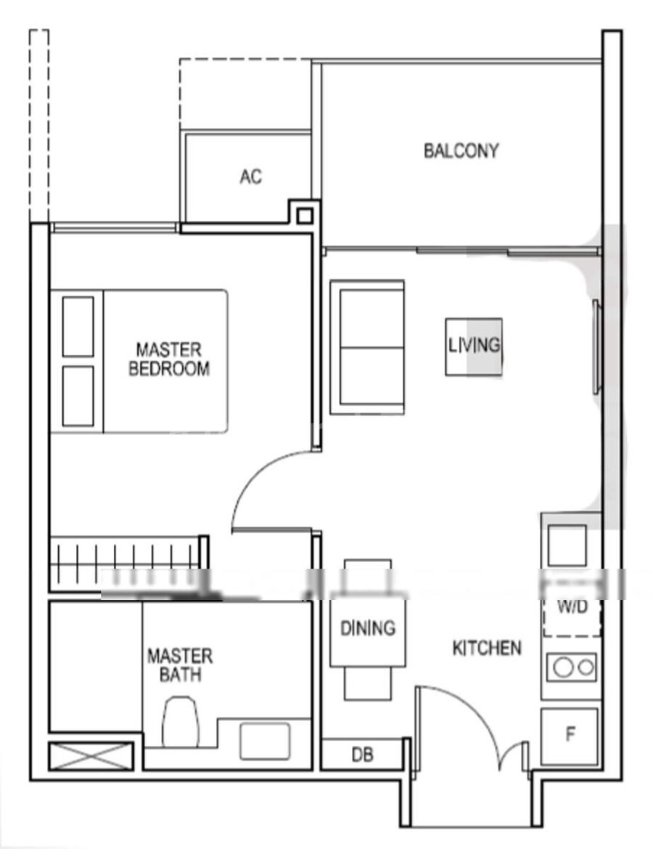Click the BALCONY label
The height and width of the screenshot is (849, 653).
pos(461,150)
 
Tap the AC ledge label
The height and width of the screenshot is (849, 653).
pos(250,176)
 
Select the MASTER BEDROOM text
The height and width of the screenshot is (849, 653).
pos(169,359)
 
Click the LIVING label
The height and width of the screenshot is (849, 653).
pos(474,345)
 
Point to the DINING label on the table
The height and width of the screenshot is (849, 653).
pos(368,628)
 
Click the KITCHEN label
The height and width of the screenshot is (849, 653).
pos(487,648)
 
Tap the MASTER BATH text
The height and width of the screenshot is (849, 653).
pos(180,665)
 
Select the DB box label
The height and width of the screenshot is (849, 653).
pos(363,755)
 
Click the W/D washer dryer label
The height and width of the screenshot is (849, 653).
pos(572,607)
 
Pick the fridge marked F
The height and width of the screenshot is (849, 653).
pos(570,736)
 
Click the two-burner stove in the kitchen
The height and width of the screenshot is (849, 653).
pos(572,667)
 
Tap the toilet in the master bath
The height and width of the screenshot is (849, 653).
pos(181,721)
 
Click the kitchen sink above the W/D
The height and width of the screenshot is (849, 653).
pos(567,545)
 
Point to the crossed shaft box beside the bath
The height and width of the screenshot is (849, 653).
pos(91,756)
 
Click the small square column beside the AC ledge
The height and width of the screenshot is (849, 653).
pos(305,216)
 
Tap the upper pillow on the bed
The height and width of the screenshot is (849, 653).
pos(78,327)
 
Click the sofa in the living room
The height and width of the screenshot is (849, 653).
pos(367,347)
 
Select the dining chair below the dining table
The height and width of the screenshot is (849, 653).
pos(368,683)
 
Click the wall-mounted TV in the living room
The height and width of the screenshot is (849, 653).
pos(596,346)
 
